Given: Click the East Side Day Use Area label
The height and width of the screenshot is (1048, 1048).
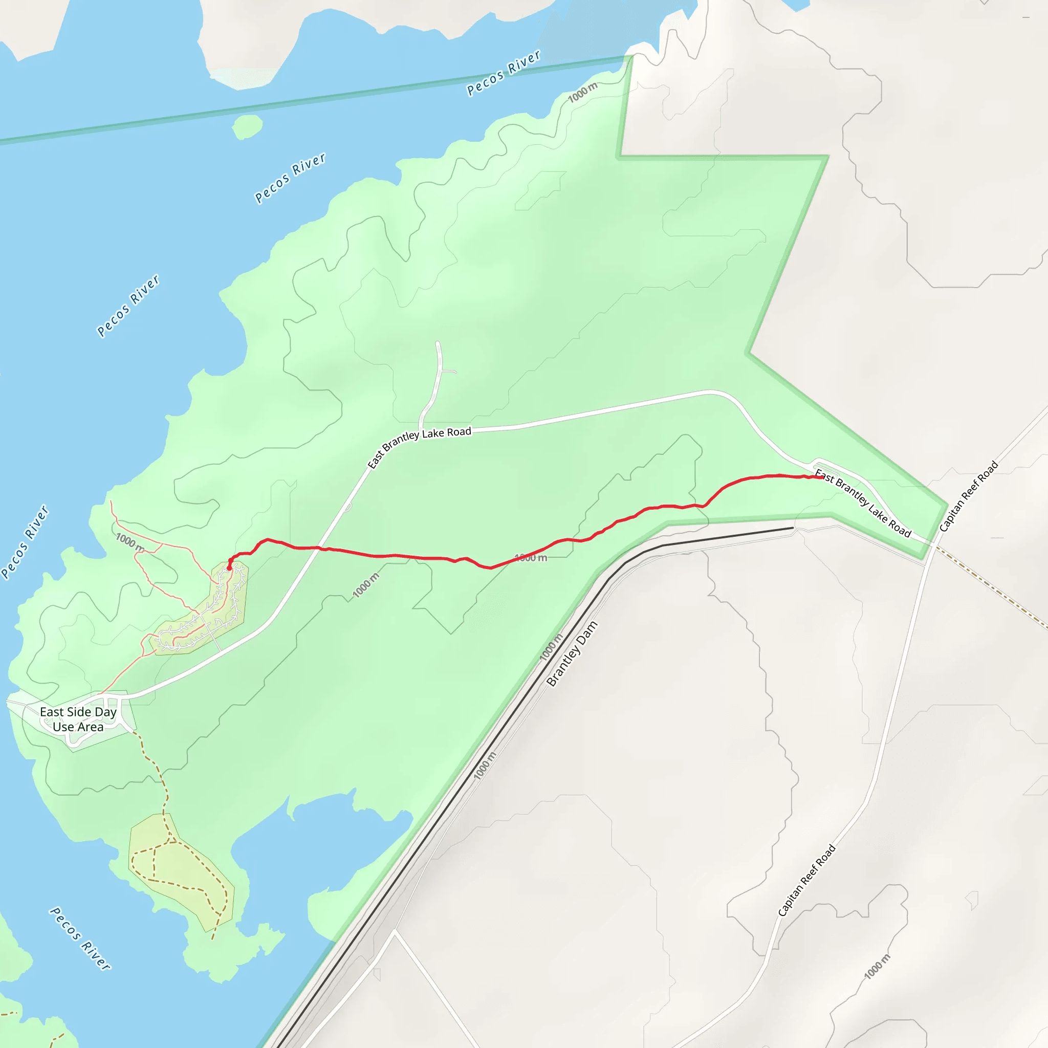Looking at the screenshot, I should point(78,719).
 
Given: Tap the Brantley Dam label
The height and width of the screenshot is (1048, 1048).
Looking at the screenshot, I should point(572,653).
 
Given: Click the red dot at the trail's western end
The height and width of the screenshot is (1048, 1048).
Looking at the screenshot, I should point(229,568).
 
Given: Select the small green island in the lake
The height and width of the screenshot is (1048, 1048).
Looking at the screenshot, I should point(247,127).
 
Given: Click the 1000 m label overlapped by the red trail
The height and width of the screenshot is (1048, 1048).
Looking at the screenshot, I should point(531,558).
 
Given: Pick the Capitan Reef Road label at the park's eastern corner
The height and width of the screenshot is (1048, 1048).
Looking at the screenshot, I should point(969,496).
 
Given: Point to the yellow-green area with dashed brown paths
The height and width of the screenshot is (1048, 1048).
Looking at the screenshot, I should point(179,868).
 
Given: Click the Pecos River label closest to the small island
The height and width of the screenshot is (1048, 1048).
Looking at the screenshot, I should point(290,178).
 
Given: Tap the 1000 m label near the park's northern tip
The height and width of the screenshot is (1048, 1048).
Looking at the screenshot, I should point(582,92).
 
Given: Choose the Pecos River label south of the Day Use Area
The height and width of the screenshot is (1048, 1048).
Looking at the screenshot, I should point(80,938).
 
